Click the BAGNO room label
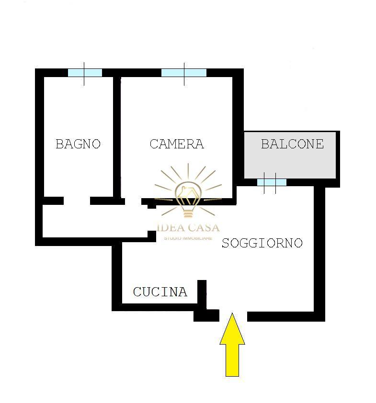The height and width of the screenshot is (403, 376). [78, 144]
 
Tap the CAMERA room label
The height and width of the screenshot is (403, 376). [177, 144]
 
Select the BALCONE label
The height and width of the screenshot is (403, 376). [292, 144]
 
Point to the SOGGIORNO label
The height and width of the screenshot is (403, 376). [262, 243]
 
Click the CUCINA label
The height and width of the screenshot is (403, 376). [160, 292]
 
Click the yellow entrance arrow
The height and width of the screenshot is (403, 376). [232, 345]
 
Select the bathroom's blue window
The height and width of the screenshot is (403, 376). [85, 73]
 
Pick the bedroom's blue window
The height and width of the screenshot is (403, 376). [183, 73]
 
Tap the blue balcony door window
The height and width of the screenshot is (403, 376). [272, 182]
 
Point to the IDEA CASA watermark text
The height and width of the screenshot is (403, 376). [188, 228]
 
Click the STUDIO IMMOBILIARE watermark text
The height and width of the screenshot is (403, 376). [188, 238]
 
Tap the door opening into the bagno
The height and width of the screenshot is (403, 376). [77, 201]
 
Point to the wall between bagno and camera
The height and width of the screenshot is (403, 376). [117, 137]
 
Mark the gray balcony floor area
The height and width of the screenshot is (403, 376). [290, 155]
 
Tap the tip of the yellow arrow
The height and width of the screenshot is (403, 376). [232, 313]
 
